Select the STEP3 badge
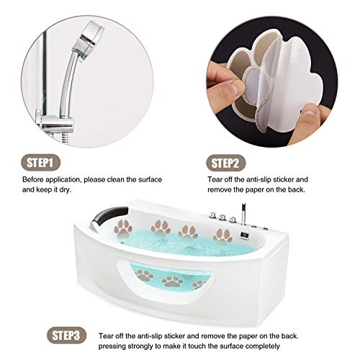(69, 336)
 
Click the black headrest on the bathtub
(114, 214)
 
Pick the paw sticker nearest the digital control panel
(222, 234)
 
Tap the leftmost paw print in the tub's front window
(144, 274)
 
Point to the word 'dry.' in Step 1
(76, 190)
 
